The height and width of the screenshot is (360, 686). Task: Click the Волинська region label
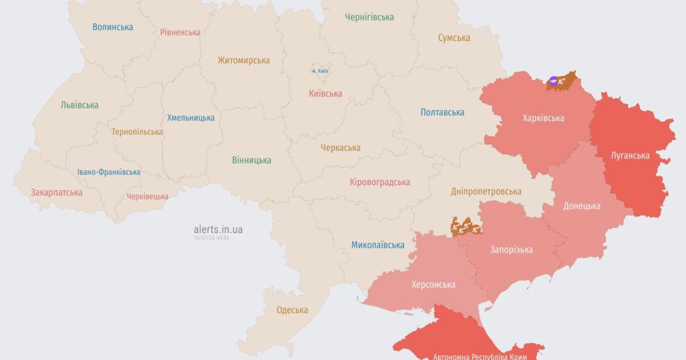[x=113, y=27]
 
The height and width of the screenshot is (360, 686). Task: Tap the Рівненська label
[x=180, y=32]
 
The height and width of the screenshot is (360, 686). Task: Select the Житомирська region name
[x=244, y=60]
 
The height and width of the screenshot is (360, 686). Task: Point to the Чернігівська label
[x=369, y=17]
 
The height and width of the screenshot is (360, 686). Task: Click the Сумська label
[x=454, y=38]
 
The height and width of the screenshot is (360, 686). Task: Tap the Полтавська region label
[x=442, y=112]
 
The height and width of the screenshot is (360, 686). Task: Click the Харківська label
[x=543, y=118]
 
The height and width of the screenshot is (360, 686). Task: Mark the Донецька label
[x=581, y=206]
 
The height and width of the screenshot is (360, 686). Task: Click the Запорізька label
[x=511, y=250]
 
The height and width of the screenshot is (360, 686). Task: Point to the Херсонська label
[x=433, y=285]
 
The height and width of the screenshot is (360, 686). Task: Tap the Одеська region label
[x=292, y=310]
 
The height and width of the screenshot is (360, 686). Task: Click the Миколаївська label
[x=377, y=245]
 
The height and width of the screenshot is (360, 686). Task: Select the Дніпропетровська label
[x=485, y=191]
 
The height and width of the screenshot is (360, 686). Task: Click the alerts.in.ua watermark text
[x=218, y=229]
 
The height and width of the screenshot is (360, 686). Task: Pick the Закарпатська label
[x=57, y=193]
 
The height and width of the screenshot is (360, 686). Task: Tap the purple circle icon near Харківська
[x=553, y=82]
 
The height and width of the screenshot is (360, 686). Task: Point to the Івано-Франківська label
[x=109, y=172]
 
